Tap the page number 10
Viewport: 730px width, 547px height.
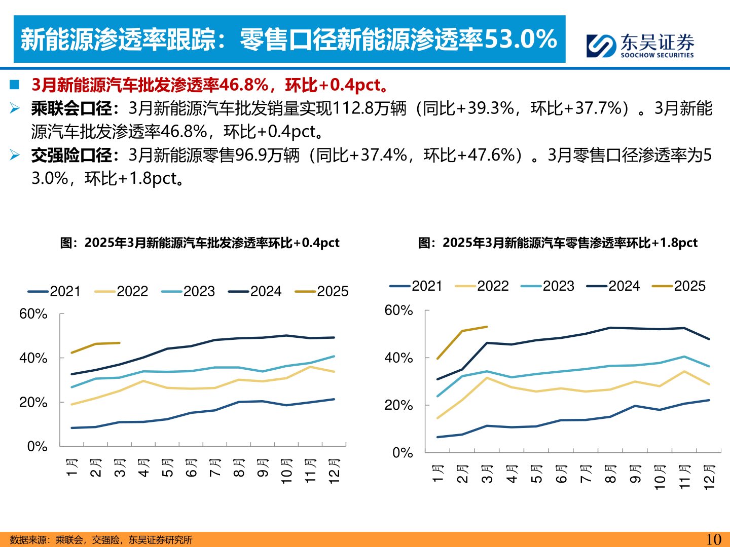(x=713, y=539)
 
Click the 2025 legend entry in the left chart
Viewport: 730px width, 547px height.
(x=321, y=291)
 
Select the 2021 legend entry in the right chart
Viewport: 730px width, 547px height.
(x=416, y=286)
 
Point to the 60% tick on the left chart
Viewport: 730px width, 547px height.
(x=33, y=314)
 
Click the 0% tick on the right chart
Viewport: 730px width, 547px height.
(x=403, y=453)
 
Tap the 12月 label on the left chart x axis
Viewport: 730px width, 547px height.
(x=334, y=471)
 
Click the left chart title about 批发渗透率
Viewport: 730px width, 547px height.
(x=200, y=243)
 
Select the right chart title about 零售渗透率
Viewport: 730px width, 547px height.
(x=558, y=243)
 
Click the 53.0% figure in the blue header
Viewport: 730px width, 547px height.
(x=520, y=40)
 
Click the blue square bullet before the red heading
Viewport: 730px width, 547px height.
(x=15, y=85)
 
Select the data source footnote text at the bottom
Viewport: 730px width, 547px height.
(x=101, y=540)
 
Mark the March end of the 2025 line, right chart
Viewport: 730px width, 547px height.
(x=487, y=327)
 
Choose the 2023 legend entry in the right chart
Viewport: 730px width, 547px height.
(x=547, y=286)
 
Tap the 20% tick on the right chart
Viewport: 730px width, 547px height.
(x=398, y=405)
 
